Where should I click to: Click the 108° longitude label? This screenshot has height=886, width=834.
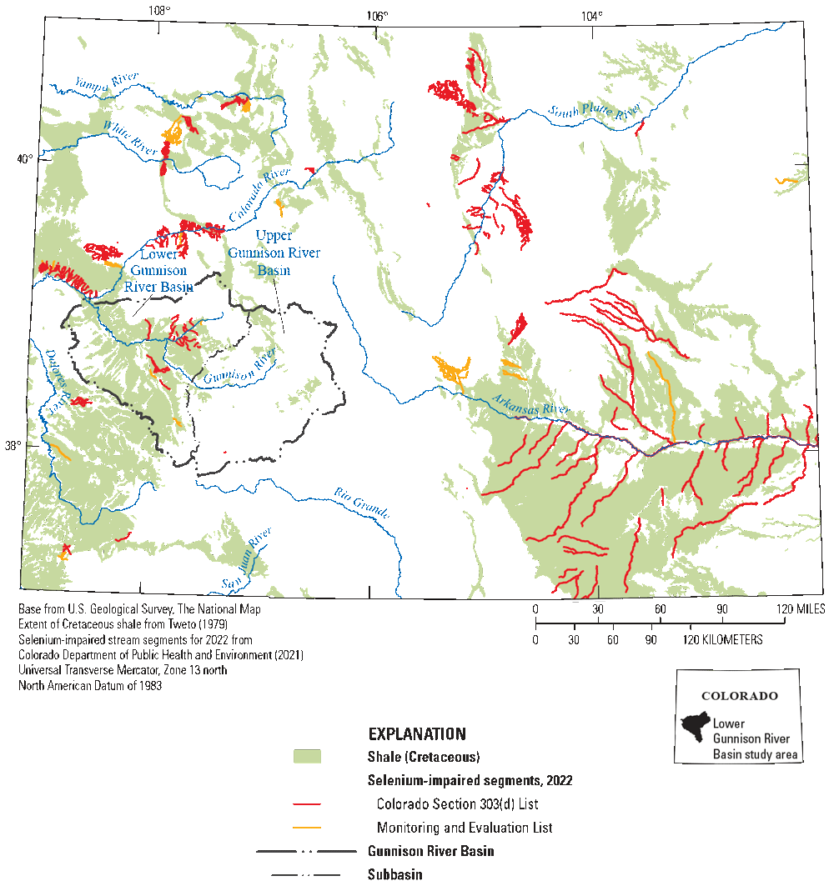(x=159, y=11)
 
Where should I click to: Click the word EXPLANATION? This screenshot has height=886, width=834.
(x=417, y=734)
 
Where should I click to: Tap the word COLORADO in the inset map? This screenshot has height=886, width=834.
(x=739, y=696)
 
